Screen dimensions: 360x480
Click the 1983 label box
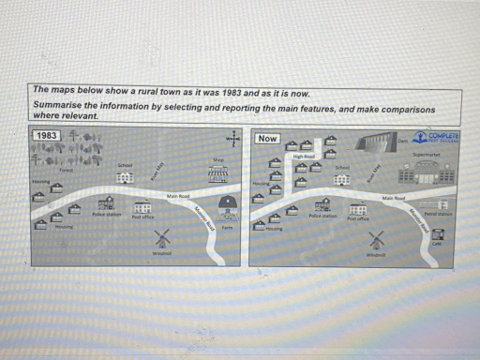point(46,136)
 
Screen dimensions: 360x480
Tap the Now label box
point(266,139)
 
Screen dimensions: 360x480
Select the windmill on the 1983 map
point(161,239)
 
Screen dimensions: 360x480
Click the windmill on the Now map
point(378,240)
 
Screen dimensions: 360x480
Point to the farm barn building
point(226,205)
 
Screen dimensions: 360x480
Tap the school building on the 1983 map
point(125,178)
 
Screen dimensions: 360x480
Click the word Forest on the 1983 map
point(66,170)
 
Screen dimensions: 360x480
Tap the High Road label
point(304,157)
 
